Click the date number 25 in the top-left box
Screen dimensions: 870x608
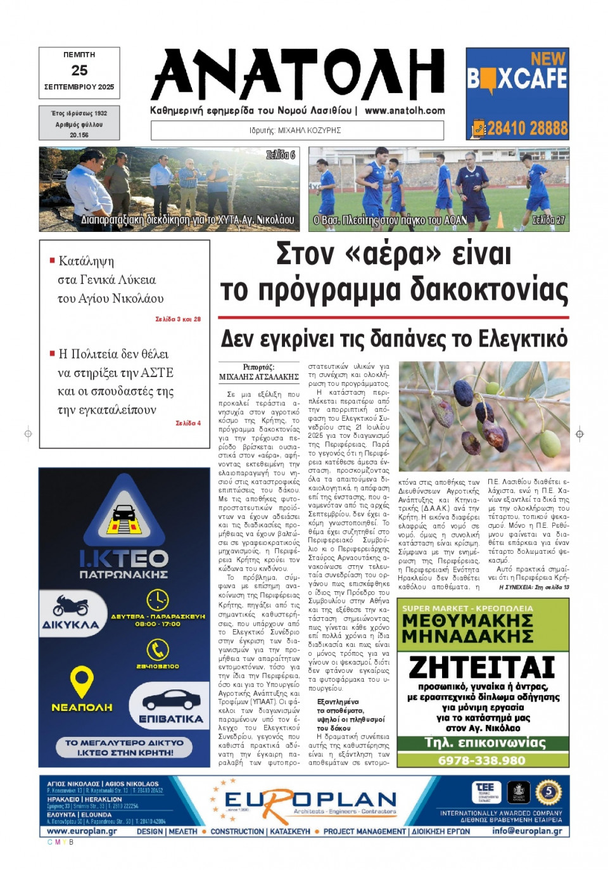coord(79,70)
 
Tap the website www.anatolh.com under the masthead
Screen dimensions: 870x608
coord(405,110)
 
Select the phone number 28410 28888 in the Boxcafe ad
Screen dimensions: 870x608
coord(527,129)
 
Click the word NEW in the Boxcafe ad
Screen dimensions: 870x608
coord(547,59)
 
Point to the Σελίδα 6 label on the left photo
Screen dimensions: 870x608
coord(280,155)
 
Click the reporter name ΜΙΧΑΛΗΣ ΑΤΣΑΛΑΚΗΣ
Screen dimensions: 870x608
coord(258,376)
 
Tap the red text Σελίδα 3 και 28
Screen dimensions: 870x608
coord(178,319)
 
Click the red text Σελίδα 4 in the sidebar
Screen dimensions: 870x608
coord(188,423)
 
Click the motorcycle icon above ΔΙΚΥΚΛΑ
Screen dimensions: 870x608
coord(70,605)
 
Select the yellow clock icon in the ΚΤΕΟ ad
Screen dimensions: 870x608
coord(157,599)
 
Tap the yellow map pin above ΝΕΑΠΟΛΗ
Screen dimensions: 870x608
coord(82,681)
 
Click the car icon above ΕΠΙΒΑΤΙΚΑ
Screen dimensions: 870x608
coord(171,700)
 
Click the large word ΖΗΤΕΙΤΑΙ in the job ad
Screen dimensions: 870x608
coord(482,667)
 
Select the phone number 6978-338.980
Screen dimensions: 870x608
coord(482,760)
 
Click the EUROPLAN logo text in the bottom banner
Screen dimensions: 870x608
coord(310,801)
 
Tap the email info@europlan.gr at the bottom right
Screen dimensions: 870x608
coord(527,831)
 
